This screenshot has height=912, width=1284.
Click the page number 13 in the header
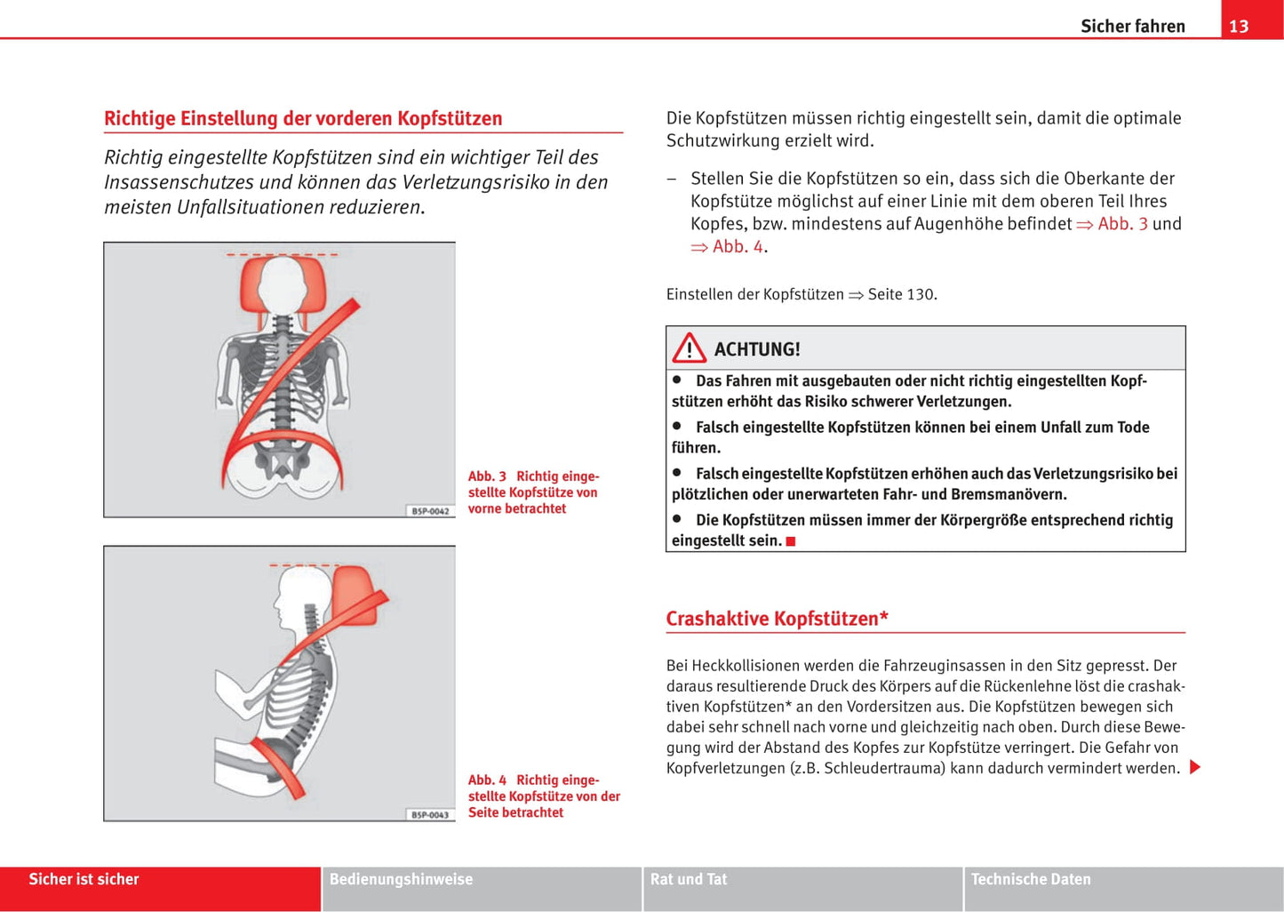point(1239,26)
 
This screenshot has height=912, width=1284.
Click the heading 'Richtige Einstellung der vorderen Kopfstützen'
point(303,118)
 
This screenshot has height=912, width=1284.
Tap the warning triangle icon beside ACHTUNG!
point(689,348)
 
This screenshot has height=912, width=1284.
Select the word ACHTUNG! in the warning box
point(757,349)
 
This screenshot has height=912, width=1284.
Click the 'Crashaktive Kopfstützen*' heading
point(777,619)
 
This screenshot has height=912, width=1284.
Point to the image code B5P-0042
point(430,511)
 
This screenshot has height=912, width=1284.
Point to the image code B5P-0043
point(430,814)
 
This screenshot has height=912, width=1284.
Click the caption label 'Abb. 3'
point(487,476)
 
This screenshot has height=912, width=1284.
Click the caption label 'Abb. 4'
point(487,780)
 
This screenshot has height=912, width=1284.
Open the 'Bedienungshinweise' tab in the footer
point(401,879)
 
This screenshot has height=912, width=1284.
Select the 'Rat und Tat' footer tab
point(689,879)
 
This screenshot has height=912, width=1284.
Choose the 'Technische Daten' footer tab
point(1031,879)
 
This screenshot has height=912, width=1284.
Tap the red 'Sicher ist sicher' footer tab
point(84,879)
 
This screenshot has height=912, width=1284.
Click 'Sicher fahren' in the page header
point(1132,26)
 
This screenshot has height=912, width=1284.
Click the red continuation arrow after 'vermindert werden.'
point(1195,767)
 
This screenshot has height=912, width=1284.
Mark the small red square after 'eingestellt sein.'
point(791,541)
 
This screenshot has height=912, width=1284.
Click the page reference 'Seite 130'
point(901,294)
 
